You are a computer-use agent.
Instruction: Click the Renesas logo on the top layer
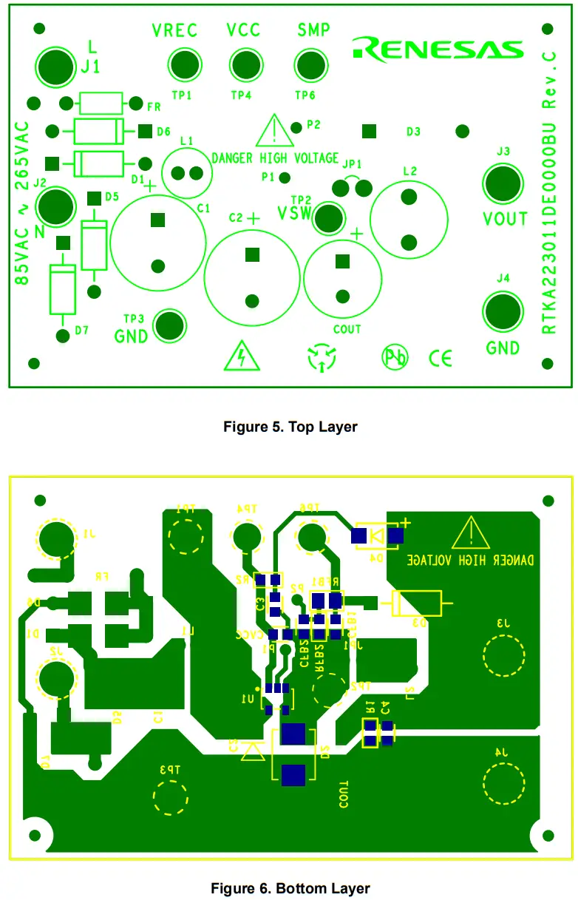click(438, 48)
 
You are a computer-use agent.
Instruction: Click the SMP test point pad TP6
click(307, 64)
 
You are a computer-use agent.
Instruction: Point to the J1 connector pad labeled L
click(55, 64)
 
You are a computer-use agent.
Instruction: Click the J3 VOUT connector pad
click(502, 183)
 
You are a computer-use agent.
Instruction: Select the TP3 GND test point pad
click(169, 325)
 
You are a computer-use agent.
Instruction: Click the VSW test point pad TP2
click(330, 217)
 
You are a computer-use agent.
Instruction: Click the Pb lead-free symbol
click(395, 358)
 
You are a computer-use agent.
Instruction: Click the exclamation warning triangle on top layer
click(274, 132)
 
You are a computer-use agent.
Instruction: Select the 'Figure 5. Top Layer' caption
click(290, 427)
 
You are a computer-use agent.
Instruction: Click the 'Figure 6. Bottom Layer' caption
click(290, 887)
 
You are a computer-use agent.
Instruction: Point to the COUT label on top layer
click(346, 329)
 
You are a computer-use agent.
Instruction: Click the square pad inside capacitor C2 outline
click(253, 254)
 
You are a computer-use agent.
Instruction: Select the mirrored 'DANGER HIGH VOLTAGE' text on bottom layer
click(473, 560)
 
